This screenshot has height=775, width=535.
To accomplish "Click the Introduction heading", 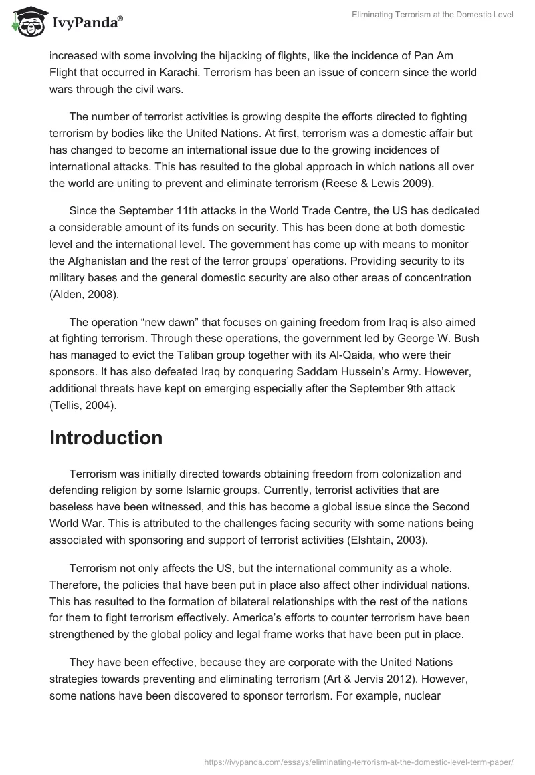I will click(x=106, y=438).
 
